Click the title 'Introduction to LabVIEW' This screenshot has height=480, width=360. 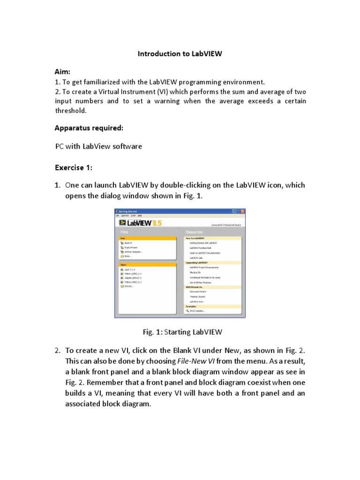[180, 54]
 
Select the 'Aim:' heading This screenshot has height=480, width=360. [63, 72]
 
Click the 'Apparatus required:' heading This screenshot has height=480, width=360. [89, 127]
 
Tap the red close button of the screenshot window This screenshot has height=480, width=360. [243, 211]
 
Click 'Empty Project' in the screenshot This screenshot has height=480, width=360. [131, 247]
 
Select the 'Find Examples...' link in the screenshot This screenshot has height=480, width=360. [197, 311]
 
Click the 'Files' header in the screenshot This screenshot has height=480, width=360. [124, 232]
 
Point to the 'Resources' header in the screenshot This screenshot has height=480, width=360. [194, 232]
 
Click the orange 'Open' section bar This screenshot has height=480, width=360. [146, 264]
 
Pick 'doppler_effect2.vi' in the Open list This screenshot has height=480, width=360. [133, 278]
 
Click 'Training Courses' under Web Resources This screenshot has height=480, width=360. [197, 297]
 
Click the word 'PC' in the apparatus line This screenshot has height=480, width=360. [60, 147]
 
